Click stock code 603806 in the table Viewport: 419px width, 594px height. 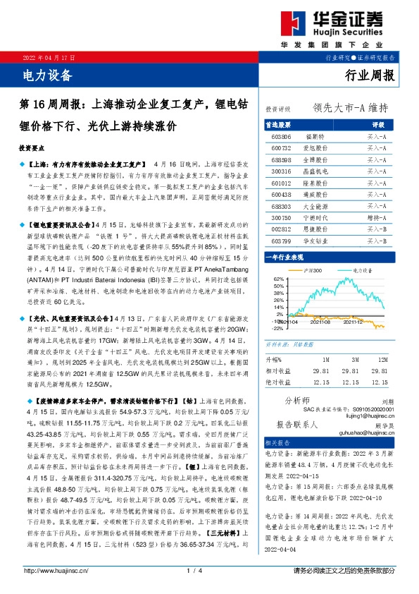pos(281,136)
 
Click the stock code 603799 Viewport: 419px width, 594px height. pos(281,241)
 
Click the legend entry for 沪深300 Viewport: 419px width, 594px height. pos(313,270)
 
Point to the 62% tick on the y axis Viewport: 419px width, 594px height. pos(277,280)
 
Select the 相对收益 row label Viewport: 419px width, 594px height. pos(277,370)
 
